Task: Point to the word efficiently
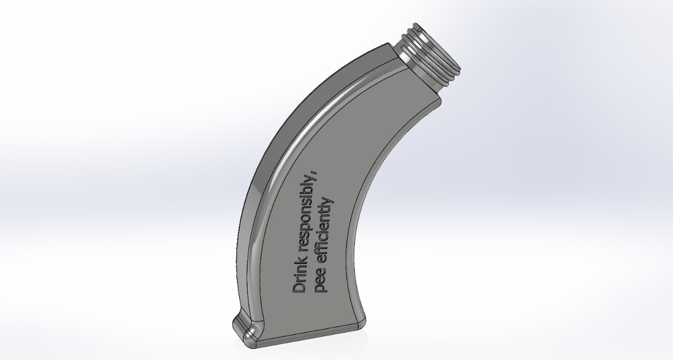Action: click(325, 231)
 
